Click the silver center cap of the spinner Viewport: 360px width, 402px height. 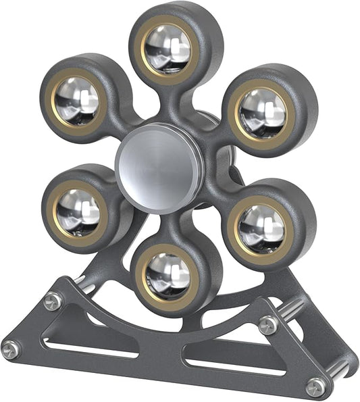[x=159, y=166]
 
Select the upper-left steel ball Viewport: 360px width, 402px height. [x=76, y=99]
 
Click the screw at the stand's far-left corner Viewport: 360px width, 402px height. [x=10, y=349]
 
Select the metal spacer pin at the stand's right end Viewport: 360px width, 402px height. [x=340, y=370]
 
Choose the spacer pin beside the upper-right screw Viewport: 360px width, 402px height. [x=290, y=311]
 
